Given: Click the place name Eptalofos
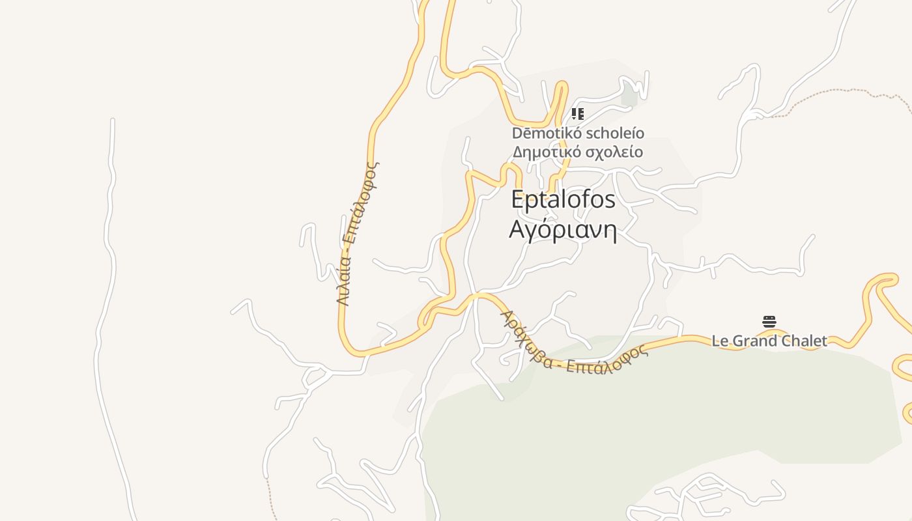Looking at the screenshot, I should (563, 200).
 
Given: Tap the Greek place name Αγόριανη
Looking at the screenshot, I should (563, 230).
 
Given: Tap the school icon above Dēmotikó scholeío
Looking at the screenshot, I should (577, 115).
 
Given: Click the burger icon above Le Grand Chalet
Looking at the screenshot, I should (769, 322).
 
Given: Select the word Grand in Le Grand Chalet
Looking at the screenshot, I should (754, 341).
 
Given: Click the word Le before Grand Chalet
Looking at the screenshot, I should (720, 341).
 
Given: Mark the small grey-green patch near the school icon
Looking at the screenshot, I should (629, 96).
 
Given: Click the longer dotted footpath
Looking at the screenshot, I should (840, 98).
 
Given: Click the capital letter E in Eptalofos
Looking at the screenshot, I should (517, 200).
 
